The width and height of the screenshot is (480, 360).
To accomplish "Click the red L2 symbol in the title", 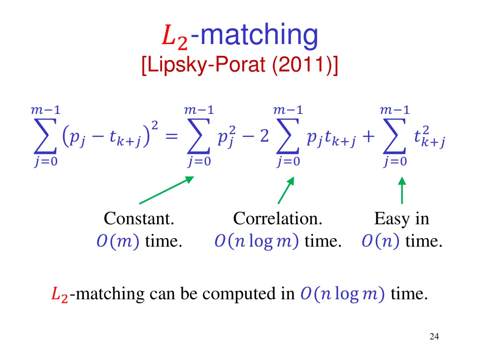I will click(x=174, y=37).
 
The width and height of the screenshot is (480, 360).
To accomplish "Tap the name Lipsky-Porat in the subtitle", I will click(x=206, y=64).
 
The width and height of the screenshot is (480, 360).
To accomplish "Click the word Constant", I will click(x=139, y=218).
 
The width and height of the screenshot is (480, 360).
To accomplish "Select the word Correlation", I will click(x=277, y=218).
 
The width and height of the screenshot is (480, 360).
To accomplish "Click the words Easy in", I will click(x=401, y=218).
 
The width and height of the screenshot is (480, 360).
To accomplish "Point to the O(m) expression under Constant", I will click(x=117, y=242).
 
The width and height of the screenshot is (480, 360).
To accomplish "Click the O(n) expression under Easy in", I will click(x=381, y=242).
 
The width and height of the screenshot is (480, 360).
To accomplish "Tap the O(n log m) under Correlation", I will click(x=257, y=242).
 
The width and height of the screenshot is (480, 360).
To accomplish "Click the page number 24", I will click(x=434, y=336).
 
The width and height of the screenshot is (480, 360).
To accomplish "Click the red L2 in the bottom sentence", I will click(x=59, y=295).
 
